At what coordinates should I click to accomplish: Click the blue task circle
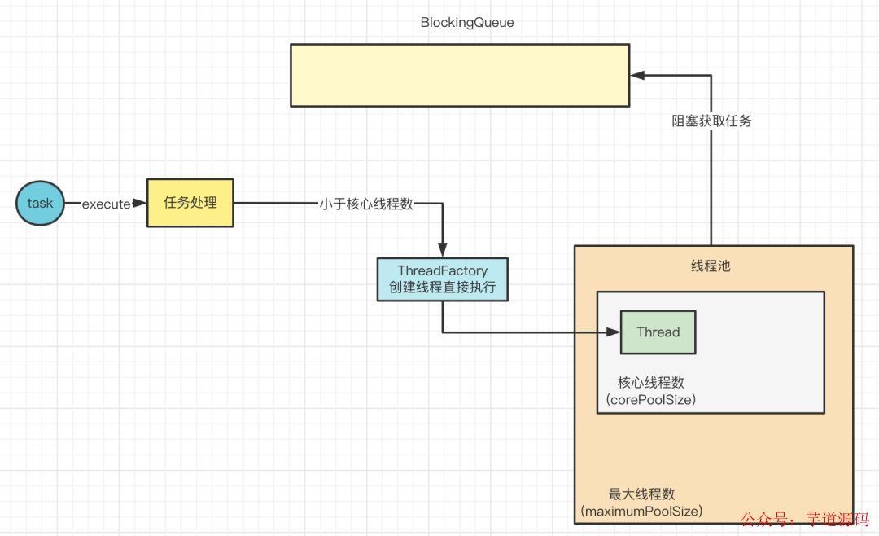coord(40,203)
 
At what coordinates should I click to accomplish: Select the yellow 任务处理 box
coord(190,203)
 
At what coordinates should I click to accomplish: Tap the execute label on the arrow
coord(106,204)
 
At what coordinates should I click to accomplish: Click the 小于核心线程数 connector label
coord(366,204)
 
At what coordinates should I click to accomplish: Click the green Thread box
coord(658,332)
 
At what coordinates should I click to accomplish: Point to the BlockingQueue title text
coord(467,23)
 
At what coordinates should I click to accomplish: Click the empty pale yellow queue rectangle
coord(460,75)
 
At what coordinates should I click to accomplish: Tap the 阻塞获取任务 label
coord(711,121)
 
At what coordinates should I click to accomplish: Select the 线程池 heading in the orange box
coord(711,266)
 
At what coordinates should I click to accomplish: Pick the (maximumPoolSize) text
coord(642,512)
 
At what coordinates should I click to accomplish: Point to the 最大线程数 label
coord(642,494)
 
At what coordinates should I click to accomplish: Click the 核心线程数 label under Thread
coord(651,382)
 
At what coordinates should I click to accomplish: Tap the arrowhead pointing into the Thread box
coord(614,332)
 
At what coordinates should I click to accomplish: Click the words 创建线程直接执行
coord(443,287)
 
